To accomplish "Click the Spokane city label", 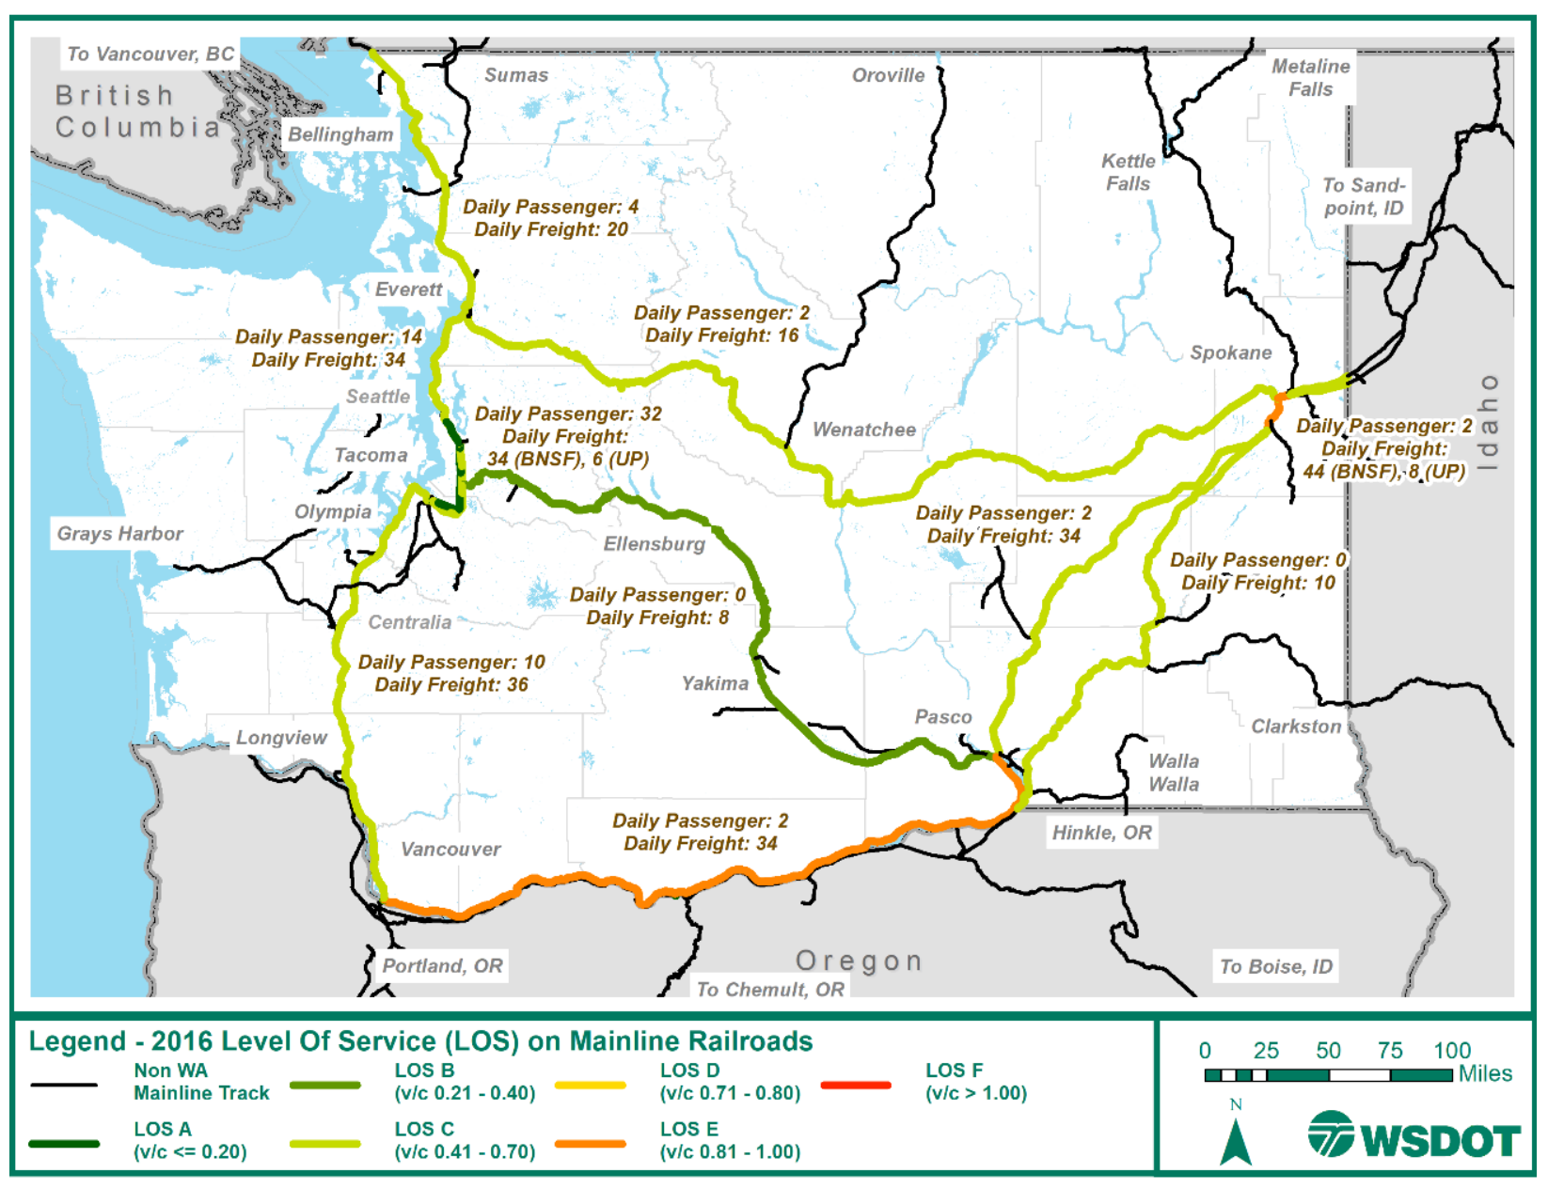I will pyautogui.click(x=1230, y=353).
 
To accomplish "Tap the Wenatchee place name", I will pyautogui.click(x=863, y=430).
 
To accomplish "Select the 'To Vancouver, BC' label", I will pyautogui.click(x=150, y=54).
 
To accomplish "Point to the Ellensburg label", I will pyautogui.click(x=654, y=544).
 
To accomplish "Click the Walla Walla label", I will pyautogui.click(x=1173, y=773).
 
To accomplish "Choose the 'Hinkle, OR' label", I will pyautogui.click(x=1101, y=833).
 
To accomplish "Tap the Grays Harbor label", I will pyautogui.click(x=119, y=534).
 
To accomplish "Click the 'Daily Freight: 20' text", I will pyautogui.click(x=550, y=229).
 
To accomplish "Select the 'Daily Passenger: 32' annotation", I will pyautogui.click(x=568, y=414).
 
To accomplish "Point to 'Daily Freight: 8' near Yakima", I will pyautogui.click(x=657, y=617).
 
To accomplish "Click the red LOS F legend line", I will pyautogui.click(x=855, y=1085).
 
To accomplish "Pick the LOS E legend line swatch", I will pyautogui.click(x=590, y=1144).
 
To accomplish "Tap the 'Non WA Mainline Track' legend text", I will pyautogui.click(x=200, y=1082).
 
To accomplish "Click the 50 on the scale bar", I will pyautogui.click(x=1327, y=1051).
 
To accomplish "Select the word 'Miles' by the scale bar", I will pyautogui.click(x=1485, y=1073).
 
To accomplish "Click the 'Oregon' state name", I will pyautogui.click(x=859, y=961).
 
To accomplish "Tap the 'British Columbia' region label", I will pyautogui.click(x=136, y=111).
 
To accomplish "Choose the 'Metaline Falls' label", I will pyautogui.click(x=1310, y=78).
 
